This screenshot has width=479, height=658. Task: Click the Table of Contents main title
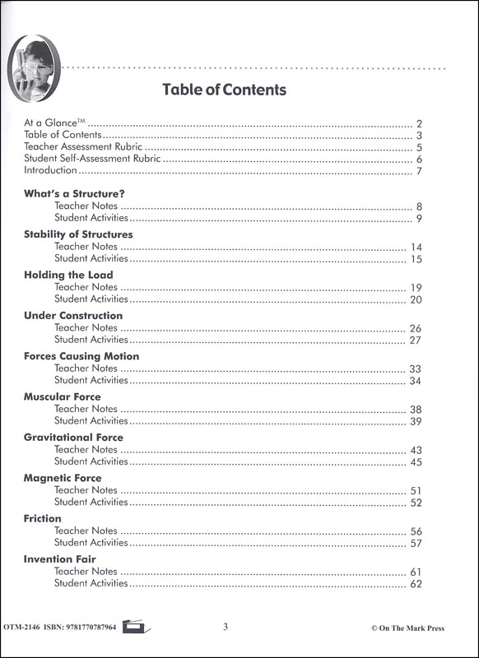[224, 90]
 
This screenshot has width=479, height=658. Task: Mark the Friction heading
[43, 519]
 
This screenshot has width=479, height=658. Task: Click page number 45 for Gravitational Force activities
[416, 462]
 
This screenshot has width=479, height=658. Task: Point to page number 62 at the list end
[416, 584]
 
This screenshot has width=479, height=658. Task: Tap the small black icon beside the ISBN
[133, 628]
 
